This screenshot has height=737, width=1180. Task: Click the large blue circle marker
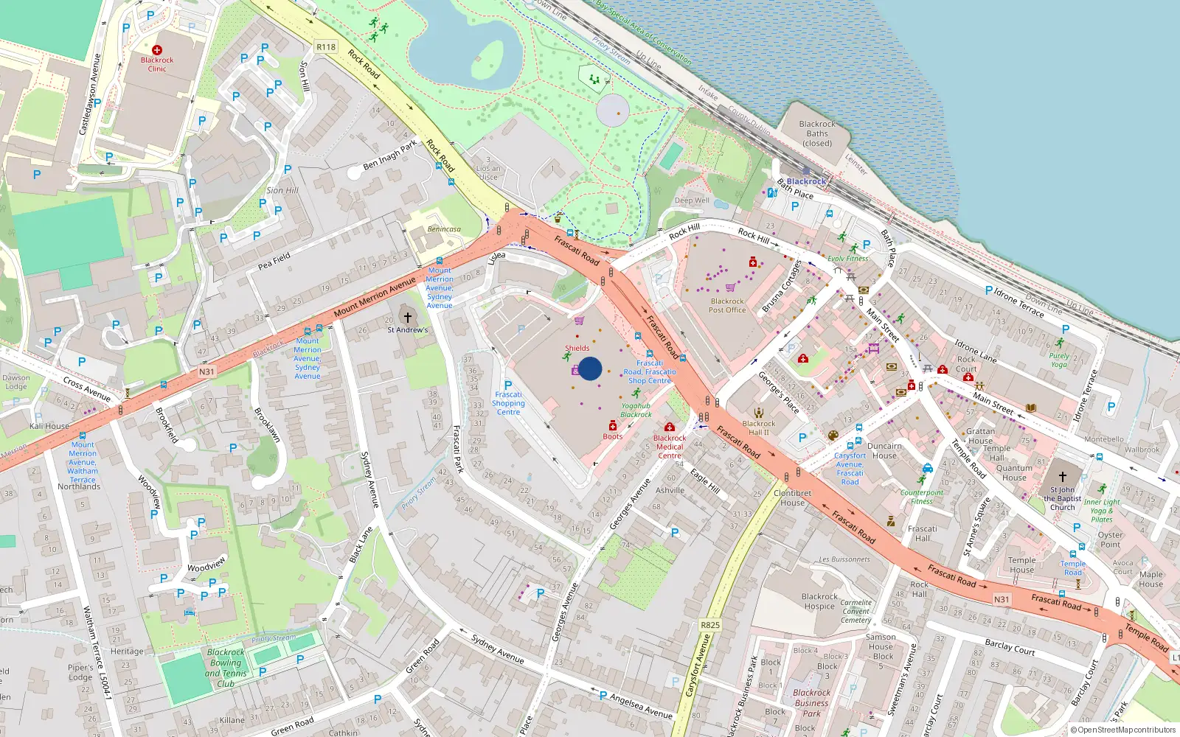click(x=590, y=368)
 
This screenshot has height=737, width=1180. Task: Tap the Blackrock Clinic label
click(x=157, y=64)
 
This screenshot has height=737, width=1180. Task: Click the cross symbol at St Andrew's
click(x=407, y=317)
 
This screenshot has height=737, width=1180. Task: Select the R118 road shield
click(x=326, y=47)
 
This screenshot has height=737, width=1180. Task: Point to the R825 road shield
click(x=709, y=625)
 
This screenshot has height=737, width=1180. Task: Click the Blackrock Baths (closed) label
click(x=817, y=133)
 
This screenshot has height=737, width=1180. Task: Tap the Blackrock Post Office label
click(x=727, y=305)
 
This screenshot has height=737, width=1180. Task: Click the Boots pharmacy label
click(x=613, y=436)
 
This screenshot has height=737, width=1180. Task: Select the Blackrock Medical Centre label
click(x=670, y=447)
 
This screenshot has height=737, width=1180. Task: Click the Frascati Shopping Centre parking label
click(x=508, y=402)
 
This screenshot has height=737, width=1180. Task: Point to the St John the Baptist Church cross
click(x=1063, y=476)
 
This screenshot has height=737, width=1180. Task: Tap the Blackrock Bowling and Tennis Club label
click(x=226, y=668)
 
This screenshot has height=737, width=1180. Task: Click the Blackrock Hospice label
click(x=819, y=601)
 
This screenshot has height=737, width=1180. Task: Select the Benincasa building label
click(x=444, y=229)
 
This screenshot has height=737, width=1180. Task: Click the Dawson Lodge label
click(x=16, y=382)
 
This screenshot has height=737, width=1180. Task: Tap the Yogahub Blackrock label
click(x=636, y=410)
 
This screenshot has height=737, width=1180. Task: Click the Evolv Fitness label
click(x=848, y=259)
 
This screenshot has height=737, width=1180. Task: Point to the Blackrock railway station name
click(x=806, y=181)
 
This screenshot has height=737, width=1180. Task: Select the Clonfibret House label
click(x=792, y=497)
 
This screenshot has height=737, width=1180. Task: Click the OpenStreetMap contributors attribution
click(x=1123, y=730)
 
